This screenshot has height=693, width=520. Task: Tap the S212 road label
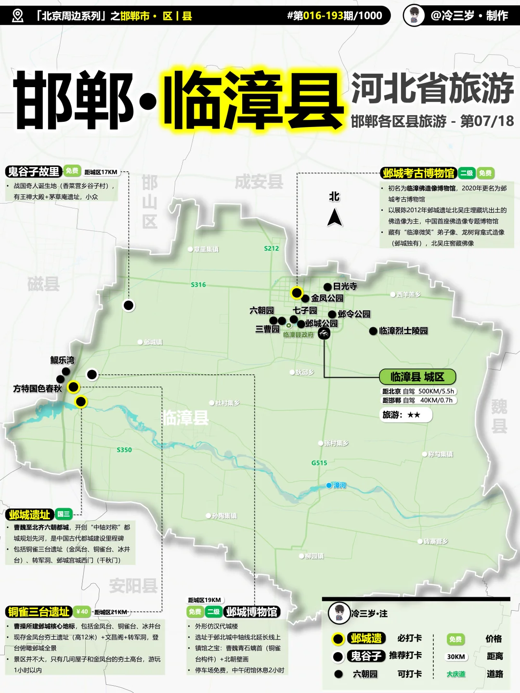272,248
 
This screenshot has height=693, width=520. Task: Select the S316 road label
198,285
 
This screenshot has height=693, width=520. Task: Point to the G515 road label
319,463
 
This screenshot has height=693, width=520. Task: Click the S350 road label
124,450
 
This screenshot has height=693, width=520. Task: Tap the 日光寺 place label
345,286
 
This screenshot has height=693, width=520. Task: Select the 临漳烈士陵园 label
403,331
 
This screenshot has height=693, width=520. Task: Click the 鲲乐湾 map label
63,360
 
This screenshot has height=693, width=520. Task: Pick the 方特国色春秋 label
38,388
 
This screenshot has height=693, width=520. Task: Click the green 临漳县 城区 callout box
417,377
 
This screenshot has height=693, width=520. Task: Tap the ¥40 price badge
82,612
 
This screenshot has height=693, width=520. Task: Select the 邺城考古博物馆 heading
418,173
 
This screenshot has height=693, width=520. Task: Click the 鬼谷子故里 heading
34,171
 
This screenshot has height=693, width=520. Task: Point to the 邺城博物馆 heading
252,612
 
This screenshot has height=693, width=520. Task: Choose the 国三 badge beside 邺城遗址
64,514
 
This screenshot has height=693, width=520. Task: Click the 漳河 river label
339,485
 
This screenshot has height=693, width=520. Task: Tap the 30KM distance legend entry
455,656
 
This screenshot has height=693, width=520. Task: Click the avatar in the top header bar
414,15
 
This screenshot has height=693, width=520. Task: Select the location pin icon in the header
17,16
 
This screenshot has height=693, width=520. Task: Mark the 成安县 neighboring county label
259,182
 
